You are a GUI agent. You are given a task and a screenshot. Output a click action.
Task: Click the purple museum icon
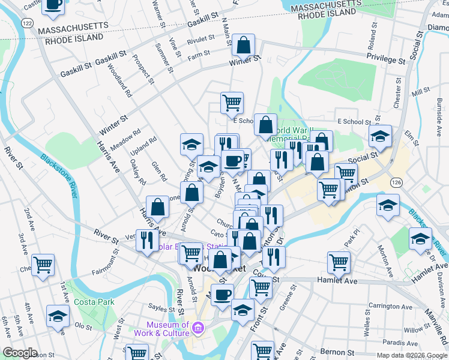click(199, 328)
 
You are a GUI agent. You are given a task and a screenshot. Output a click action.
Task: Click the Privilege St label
click(386, 59)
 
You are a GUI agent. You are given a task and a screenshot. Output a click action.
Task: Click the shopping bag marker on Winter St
click(244, 45)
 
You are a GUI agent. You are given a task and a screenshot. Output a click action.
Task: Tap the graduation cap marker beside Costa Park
click(58, 316)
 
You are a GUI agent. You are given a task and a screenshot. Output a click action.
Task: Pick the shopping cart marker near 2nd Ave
click(43, 264)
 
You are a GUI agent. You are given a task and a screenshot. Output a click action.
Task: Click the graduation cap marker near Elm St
click(380, 136)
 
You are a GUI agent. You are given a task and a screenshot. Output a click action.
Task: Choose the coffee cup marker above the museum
click(222, 295)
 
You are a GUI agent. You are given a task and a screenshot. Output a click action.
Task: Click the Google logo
click(20, 353)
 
